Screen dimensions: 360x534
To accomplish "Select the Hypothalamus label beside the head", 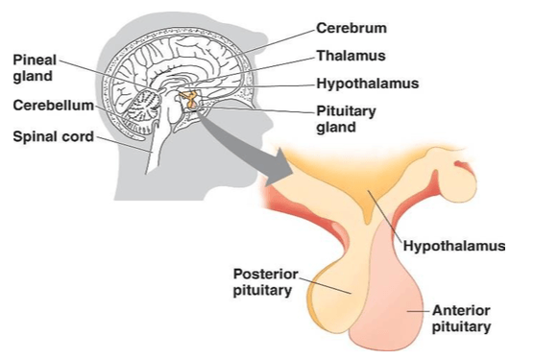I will pyautogui.click(x=368, y=84).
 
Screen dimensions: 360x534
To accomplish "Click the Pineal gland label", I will pyautogui.click(x=35, y=68).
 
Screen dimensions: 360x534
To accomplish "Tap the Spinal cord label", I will pyautogui.click(x=54, y=136).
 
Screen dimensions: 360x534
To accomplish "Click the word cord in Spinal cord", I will pyautogui.click(x=78, y=136).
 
